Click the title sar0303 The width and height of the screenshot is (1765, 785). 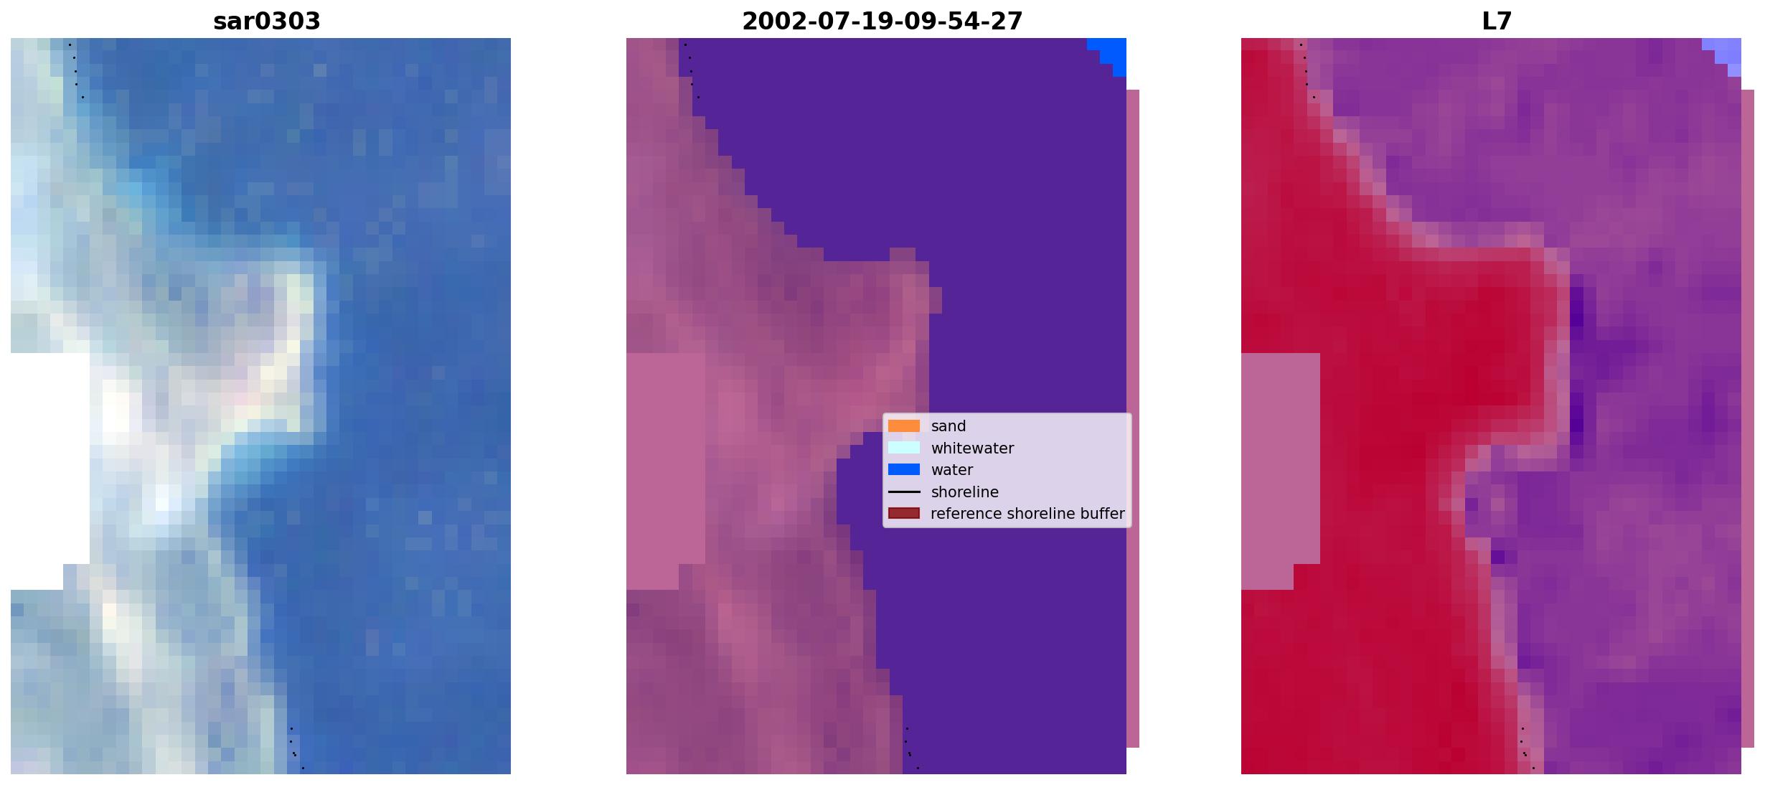[x=267, y=22]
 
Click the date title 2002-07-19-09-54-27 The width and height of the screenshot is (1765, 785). [x=882, y=22]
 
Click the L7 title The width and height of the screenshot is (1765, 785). [x=1497, y=22]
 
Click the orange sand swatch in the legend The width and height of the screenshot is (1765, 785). [x=904, y=426]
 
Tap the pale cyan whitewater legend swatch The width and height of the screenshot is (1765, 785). [x=904, y=448]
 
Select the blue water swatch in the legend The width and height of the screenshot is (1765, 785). [x=904, y=470]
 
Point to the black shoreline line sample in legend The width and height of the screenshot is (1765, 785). [x=904, y=492]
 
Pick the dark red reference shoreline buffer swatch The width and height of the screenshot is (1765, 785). [x=904, y=514]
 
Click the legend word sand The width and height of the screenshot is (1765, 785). [x=949, y=426]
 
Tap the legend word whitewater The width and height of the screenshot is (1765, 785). [x=972, y=448]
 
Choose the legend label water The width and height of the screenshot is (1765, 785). [x=952, y=470]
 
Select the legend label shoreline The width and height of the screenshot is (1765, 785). [x=965, y=492]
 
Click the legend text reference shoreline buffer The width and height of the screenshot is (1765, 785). [x=1027, y=514]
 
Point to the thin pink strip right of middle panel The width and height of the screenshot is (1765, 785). [x=1133, y=418]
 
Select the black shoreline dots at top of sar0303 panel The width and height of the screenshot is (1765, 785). [x=75, y=71]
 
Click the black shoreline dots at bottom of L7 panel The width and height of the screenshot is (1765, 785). [x=1526, y=748]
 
